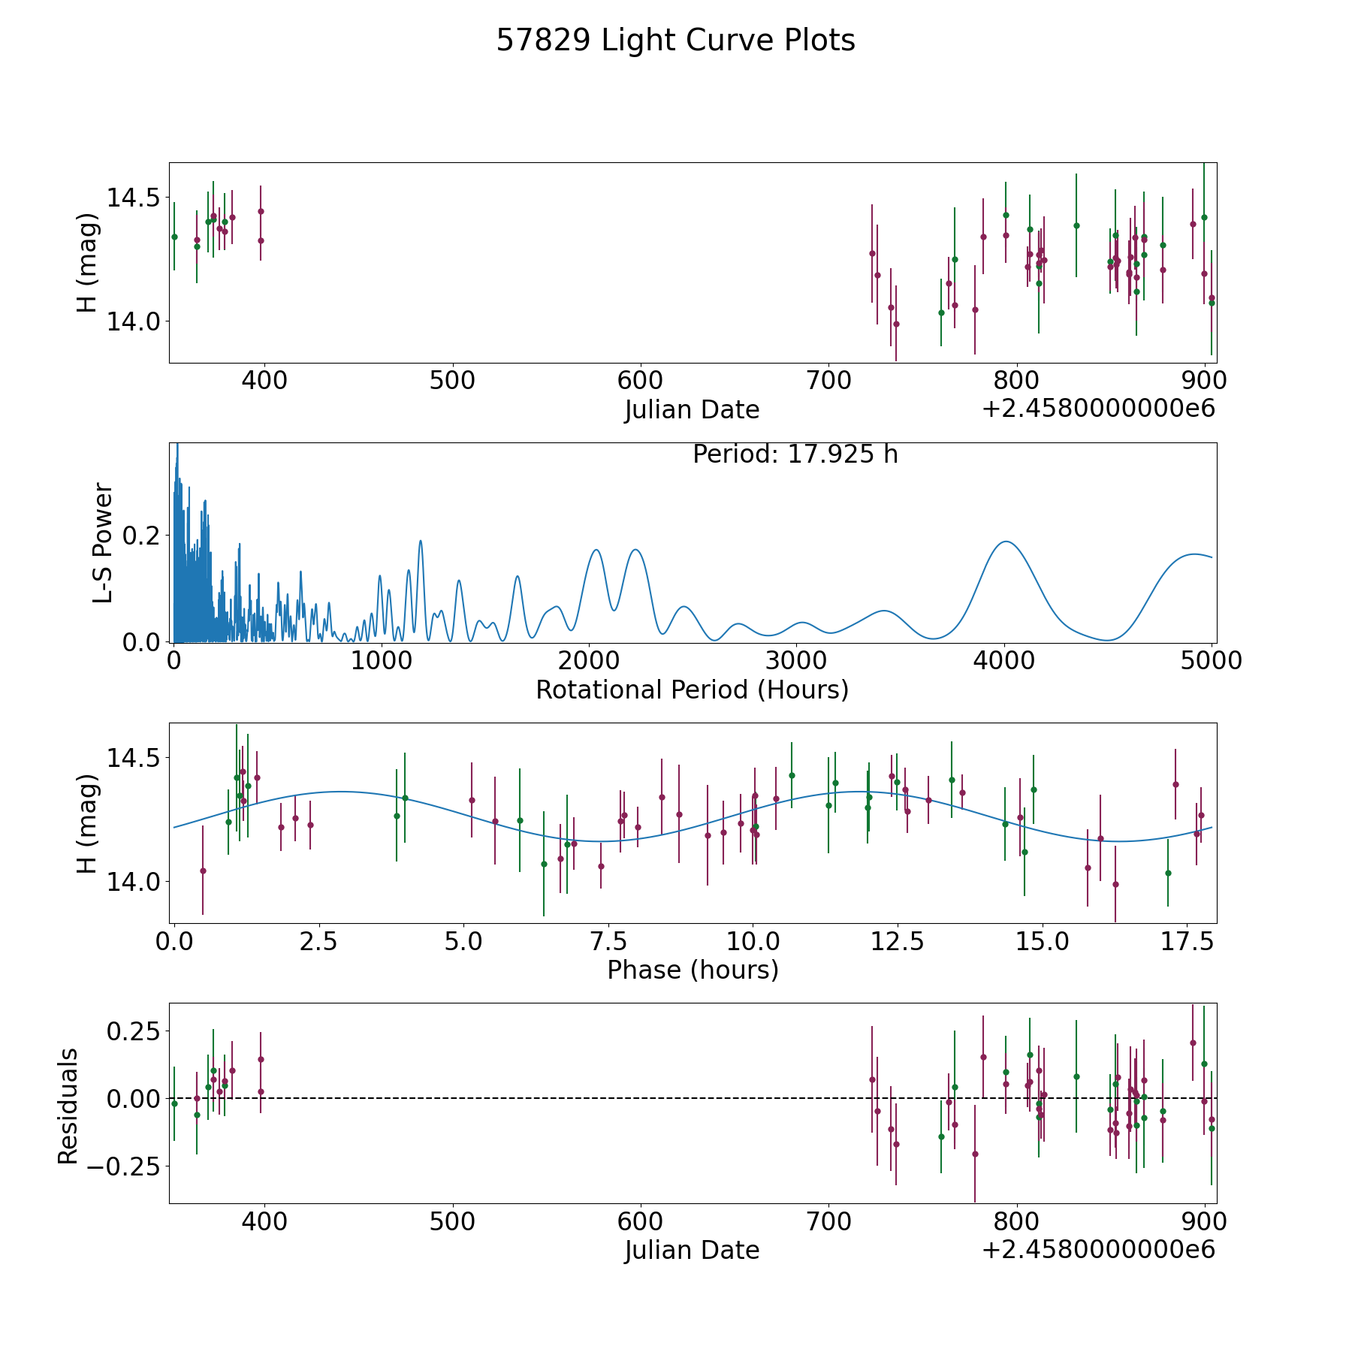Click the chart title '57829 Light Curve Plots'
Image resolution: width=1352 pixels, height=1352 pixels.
tap(675, 41)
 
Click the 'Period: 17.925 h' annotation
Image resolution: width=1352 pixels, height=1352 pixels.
tap(795, 454)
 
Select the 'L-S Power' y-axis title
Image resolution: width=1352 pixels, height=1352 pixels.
tap(103, 543)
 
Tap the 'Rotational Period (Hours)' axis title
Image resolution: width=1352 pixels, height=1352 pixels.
tap(692, 690)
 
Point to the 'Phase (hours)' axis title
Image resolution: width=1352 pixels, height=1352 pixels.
tap(692, 970)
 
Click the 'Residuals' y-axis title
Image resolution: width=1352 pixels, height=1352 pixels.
tap(68, 1106)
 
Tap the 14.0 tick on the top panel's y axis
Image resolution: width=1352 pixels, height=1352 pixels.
tap(128, 321)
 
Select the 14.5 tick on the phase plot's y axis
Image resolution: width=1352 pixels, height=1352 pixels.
tap(128, 757)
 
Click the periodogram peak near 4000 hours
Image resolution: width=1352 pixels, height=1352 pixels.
tap(1004, 542)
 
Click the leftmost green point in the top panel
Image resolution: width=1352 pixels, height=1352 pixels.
tap(174, 237)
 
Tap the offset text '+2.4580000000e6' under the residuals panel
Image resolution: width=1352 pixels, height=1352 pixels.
tap(1098, 1250)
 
